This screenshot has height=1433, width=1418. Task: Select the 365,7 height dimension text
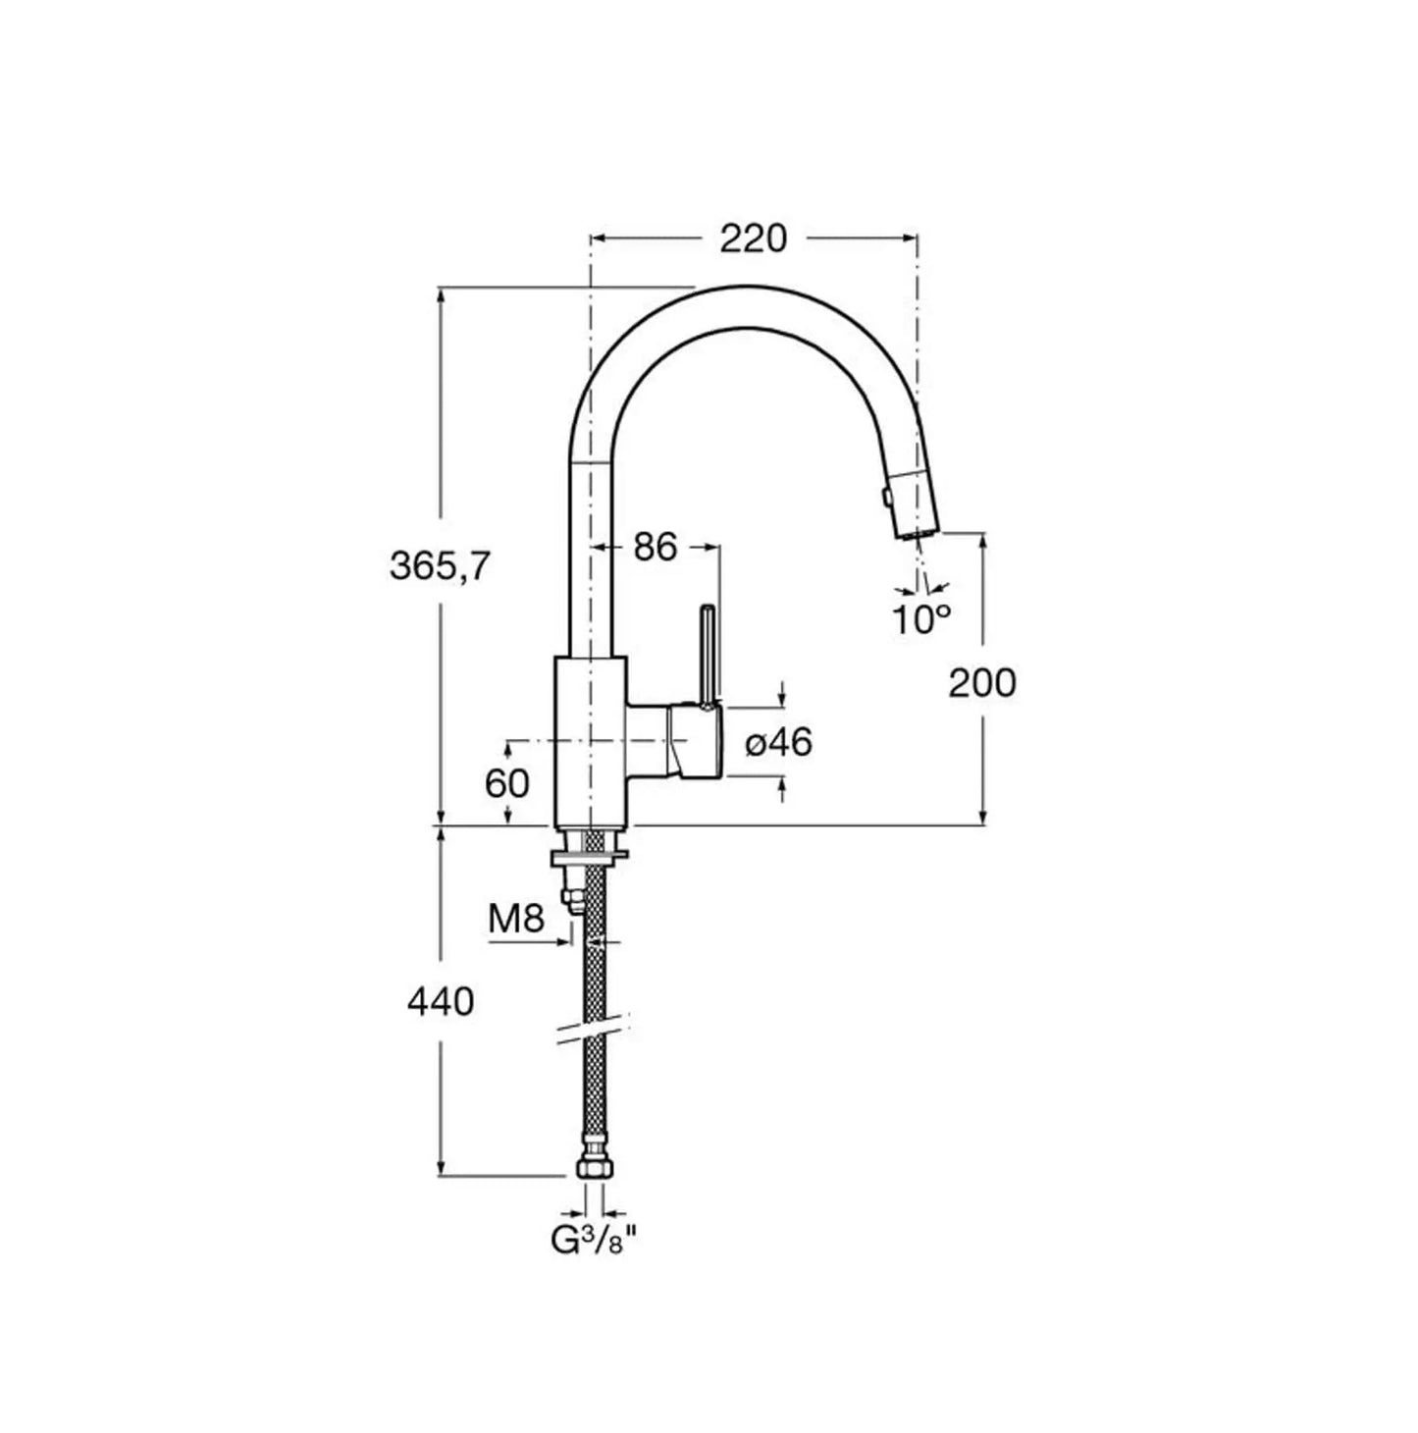441,566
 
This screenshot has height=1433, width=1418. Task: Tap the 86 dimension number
656,548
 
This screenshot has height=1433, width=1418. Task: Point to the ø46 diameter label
778,741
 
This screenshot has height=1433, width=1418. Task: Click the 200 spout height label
980,683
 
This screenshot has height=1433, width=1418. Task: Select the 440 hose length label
441,1002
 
